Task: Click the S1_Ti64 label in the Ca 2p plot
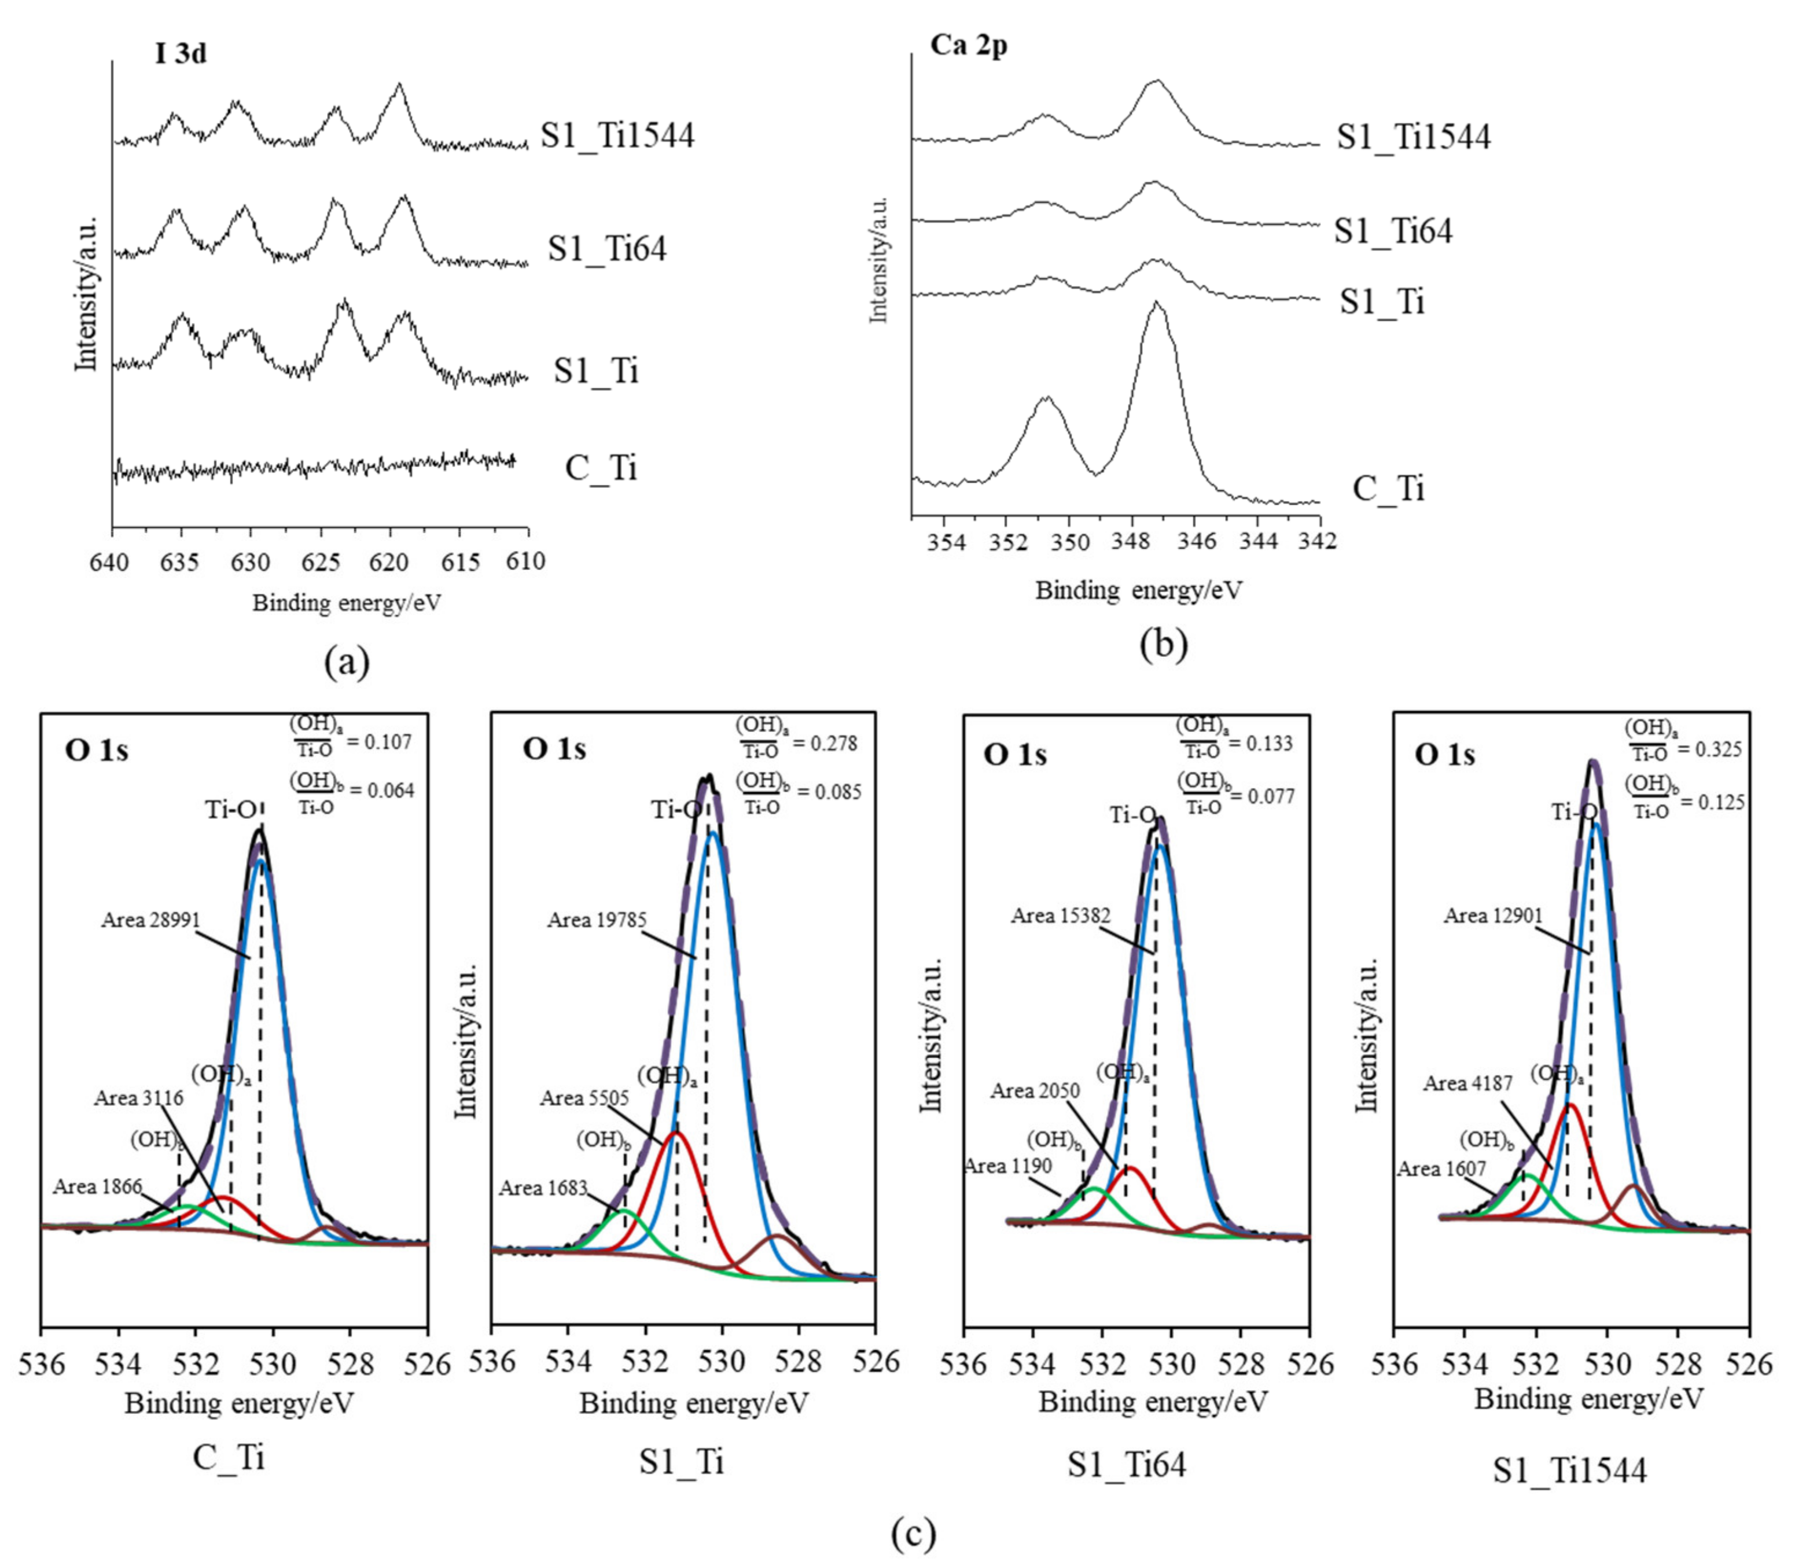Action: click(1392, 231)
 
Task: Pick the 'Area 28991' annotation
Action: click(150, 920)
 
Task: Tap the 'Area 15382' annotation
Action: click(1060, 916)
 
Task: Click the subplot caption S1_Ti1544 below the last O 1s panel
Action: click(1569, 1471)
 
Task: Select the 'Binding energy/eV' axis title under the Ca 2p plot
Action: click(1138, 591)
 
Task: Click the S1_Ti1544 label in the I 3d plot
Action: click(617, 135)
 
